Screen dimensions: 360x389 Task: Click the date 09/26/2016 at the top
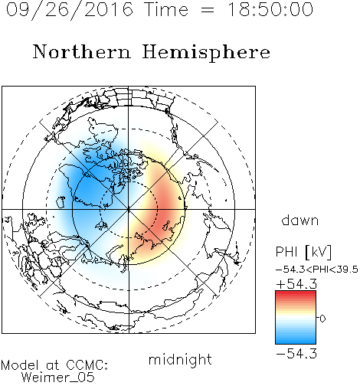pyautogui.click(x=70, y=10)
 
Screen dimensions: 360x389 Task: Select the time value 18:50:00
pyautogui.click(x=270, y=10)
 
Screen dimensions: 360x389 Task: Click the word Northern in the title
pyautogui.click(x=82, y=52)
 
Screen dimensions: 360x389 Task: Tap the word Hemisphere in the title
pyautogui.click(x=206, y=53)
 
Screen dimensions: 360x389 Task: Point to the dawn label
pyautogui.click(x=299, y=220)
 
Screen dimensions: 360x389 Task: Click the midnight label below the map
pyautogui.click(x=180, y=360)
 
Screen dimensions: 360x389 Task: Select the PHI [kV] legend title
pyautogui.click(x=303, y=252)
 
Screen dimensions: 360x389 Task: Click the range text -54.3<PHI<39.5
pyautogui.click(x=317, y=270)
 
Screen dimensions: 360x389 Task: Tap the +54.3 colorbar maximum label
pyautogui.click(x=296, y=284)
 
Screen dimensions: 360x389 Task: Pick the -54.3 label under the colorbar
pyautogui.click(x=296, y=354)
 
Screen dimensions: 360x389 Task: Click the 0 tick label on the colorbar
pyautogui.click(x=322, y=319)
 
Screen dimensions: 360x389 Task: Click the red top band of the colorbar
pyautogui.click(x=296, y=293)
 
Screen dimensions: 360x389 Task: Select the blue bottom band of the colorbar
pyautogui.click(x=296, y=341)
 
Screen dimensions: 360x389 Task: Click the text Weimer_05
pyautogui.click(x=58, y=378)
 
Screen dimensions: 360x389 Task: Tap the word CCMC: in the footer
pyautogui.click(x=87, y=365)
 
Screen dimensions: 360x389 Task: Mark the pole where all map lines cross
pyautogui.click(x=129, y=209)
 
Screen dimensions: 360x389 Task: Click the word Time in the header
pyautogui.click(x=166, y=10)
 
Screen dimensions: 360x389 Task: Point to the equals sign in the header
pyautogui.click(x=208, y=10)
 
